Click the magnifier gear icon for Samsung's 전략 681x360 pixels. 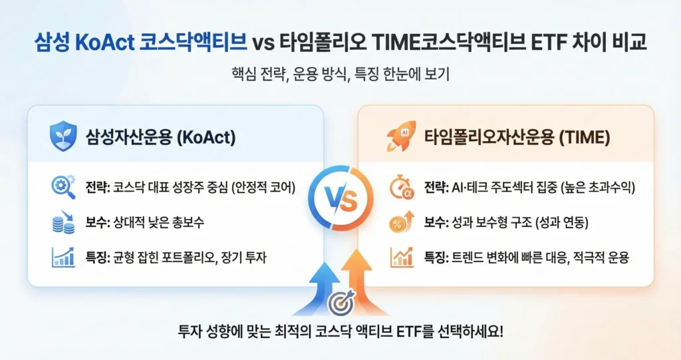pos(63,188)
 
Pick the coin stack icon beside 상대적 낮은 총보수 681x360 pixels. pos(63,222)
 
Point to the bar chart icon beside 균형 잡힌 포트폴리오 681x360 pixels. pos(63,257)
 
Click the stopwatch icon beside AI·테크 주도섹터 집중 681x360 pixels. pos(400,188)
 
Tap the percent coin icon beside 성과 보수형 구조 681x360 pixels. pos(400,222)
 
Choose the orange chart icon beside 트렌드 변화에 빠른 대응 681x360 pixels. pos(400,257)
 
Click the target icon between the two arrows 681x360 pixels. pos(340,303)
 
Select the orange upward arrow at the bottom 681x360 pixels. pos(360,283)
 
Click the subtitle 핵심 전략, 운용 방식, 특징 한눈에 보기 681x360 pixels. pos(340,75)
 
